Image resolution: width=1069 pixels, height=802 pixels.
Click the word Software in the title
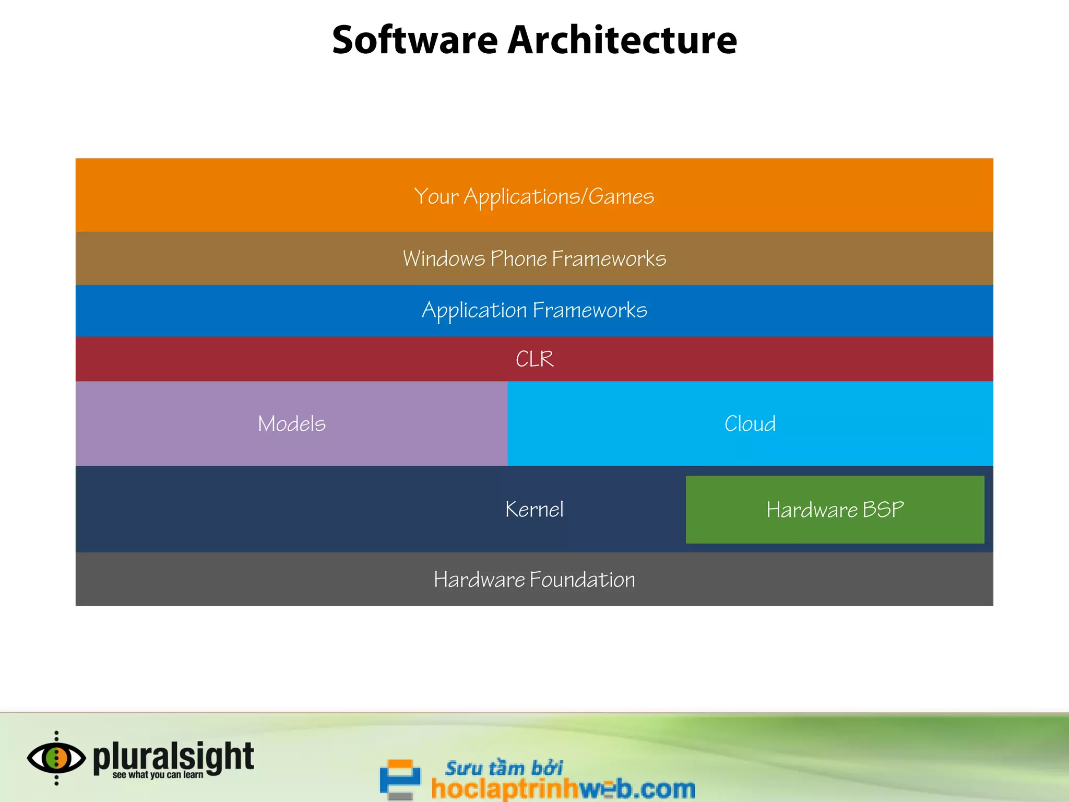pyautogui.click(x=415, y=40)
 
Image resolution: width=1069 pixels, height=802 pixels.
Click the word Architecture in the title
pyautogui.click(x=622, y=40)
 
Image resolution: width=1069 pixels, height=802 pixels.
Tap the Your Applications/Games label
pyautogui.click(x=534, y=197)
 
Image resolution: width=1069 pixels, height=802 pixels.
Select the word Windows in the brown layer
pyautogui.click(x=444, y=259)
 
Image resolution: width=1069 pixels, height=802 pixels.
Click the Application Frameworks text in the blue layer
pyautogui.click(x=534, y=311)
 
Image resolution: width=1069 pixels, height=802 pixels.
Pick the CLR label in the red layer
pyautogui.click(x=534, y=359)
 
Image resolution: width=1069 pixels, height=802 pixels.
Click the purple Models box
pyautogui.click(x=291, y=423)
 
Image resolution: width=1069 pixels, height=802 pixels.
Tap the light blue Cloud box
pyautogui.click(x=750, y=423)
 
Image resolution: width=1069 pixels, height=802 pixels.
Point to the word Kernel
pyautogui.click(x=534, y=510)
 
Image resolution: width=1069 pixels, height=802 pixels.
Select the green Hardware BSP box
pyautogui.click(x=835, y=510)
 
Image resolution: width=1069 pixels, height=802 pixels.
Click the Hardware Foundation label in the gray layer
pyautogui.click(x=534, y=580)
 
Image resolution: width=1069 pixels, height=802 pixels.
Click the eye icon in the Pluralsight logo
pyautogui.click(x=56, y=758)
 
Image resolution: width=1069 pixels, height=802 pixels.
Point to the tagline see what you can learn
pyautogui.click(x=158, y=775)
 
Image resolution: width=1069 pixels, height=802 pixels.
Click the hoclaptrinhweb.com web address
pyautogui.click(x=563, y=788)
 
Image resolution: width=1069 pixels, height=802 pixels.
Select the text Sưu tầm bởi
pyautogui.click(x=504, y=768)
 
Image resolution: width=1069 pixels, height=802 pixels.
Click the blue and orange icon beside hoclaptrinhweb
pyautogui.click(x=400, y=779)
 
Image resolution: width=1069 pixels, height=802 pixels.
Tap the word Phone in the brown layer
pyautogui.click(x=518, y=259)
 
